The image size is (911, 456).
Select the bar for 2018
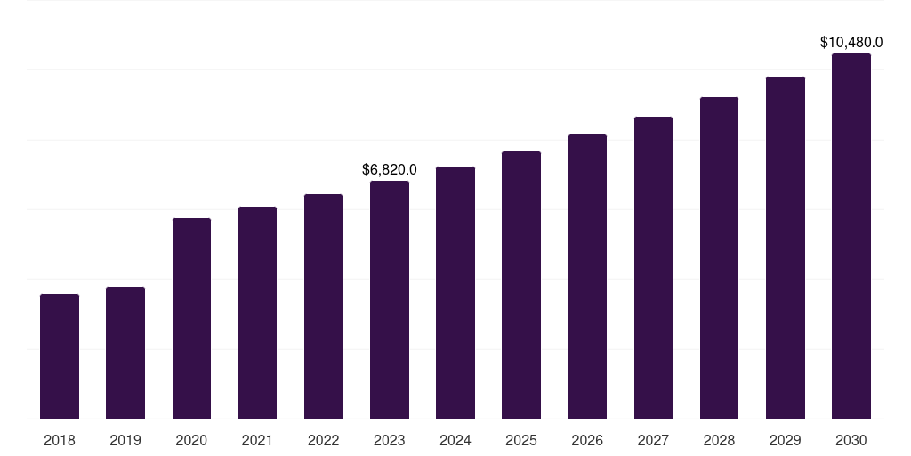[60, 356]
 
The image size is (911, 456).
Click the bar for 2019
[125, 353]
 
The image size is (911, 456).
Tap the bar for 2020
[192, 318]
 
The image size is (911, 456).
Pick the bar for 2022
[323, 306]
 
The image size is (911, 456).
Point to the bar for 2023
[390, 299]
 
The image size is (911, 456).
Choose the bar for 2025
[521, 285]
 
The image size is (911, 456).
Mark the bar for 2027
[653, 267]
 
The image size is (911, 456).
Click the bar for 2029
[786, 248]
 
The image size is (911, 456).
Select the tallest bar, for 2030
[851, 236]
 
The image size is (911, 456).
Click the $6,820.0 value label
[390, 170]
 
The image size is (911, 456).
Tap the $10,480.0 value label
[851, 42]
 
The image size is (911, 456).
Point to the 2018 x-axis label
[60, 440]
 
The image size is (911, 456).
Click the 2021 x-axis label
[257, 440]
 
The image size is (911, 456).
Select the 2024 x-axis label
[455, 440]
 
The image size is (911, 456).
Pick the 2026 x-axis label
[587, 440]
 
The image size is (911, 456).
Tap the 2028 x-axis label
[719, 440]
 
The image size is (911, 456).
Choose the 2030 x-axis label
[851, 440]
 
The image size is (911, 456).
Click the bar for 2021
[257, 313]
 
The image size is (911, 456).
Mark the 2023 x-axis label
[390, 440]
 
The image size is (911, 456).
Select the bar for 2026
[587, 276]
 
